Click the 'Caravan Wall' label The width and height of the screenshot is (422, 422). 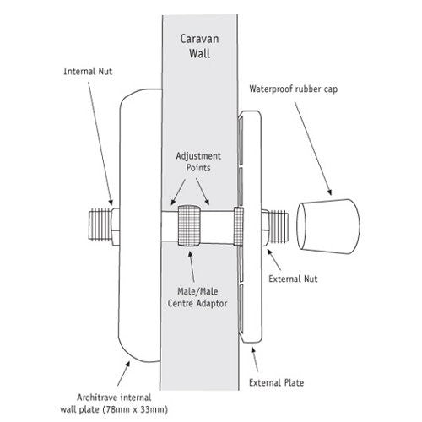tap(199, 46)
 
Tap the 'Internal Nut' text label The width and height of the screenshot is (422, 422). tap(88, 72)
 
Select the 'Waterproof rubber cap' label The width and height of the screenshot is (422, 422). tap(294, 89)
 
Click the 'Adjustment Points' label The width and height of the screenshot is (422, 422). tap(198, 162)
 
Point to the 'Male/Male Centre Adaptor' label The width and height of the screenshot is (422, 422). tap(197, 297)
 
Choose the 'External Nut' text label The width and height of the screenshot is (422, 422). tap(293, 279)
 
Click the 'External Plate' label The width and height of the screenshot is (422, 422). tap(276, 382)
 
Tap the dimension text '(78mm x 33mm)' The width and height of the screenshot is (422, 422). tap(135, 409)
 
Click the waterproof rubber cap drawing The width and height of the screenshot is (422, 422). tap(328, 226)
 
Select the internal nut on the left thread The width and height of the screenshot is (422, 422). tap(116, 227)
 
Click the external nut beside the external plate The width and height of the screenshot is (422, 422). tap(265, 228)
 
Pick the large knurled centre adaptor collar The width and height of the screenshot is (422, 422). tap(189, 225)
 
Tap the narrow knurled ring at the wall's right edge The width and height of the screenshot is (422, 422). tap(238, 226)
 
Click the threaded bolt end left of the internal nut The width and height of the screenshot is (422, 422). tap(100, 226)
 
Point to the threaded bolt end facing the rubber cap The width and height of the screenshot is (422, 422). tap(279, 227)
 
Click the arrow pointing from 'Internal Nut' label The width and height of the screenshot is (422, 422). tap(100, 143)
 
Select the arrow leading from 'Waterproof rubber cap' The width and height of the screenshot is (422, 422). tap(313, 149)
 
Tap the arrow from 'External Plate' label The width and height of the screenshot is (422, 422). tap(255, 360)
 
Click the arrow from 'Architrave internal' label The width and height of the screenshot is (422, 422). tap(124, 373)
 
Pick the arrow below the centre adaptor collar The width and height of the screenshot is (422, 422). tap(192, 266)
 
